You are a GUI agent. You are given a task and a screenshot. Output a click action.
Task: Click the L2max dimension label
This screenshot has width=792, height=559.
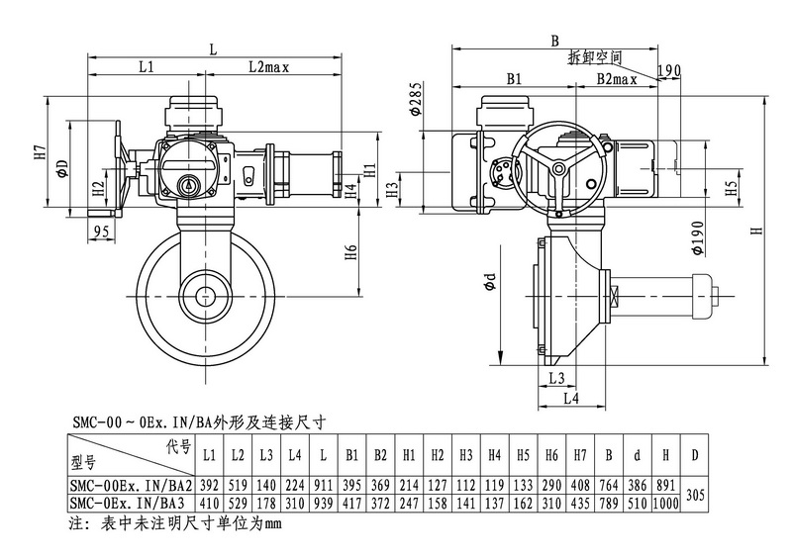(x=268, y=67)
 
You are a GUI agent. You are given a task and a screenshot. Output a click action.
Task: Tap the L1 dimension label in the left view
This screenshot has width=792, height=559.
(x=146, y=67)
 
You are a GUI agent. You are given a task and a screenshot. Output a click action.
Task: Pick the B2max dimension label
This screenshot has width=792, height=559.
(x=616, y=77)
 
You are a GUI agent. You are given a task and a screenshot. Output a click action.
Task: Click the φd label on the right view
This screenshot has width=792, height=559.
(x=489, y=285)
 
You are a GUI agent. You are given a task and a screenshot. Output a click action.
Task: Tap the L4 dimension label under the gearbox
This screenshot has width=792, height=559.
(x=572, y=398)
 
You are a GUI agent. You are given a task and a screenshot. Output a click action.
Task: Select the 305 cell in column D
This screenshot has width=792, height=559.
(x=695, y=494)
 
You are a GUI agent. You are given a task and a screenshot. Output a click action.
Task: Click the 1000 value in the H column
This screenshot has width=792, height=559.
(x=666, y=504)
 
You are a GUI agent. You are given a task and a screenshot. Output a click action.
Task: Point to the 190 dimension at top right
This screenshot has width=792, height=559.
(x=669, y=69)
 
